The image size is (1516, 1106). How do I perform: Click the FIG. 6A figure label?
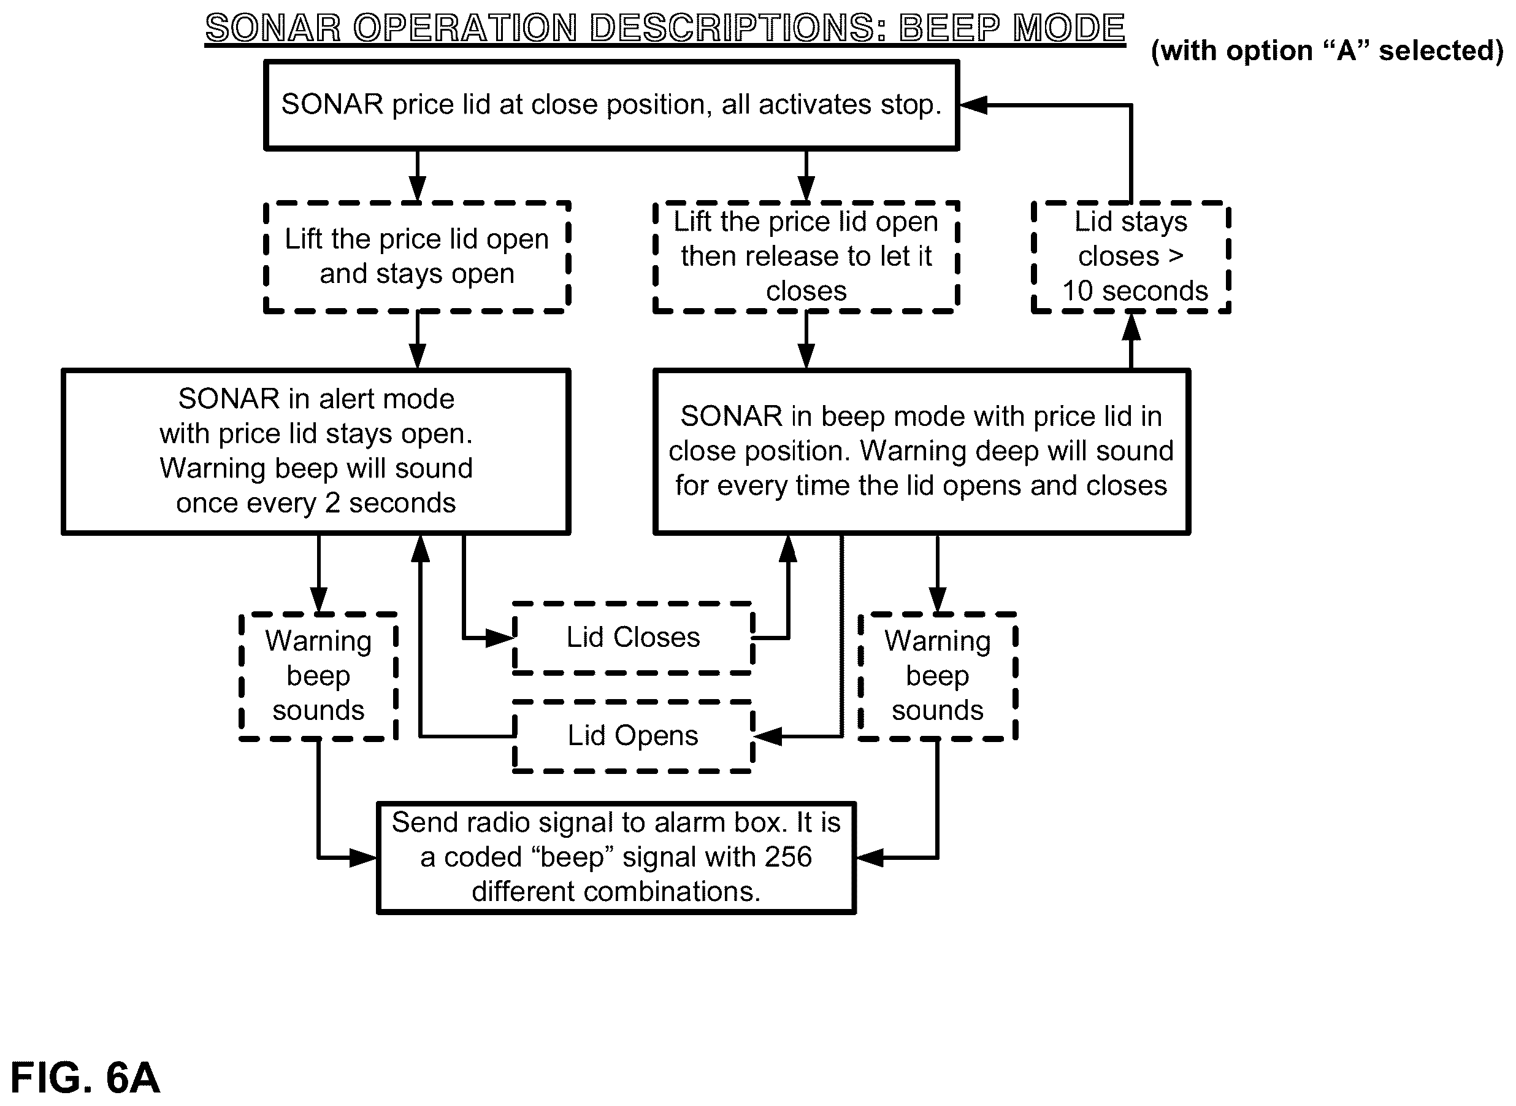(85, 1077)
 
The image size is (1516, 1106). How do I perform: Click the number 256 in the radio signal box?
(789, 857)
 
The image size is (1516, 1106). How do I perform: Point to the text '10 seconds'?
(1135, 291)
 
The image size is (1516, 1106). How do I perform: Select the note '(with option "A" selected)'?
(1327, 51)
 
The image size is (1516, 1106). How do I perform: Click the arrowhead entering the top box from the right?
(973, 105)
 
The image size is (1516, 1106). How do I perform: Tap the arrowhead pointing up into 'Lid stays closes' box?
(1131, 327)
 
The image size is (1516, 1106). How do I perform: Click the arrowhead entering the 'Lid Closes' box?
(499, 638)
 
